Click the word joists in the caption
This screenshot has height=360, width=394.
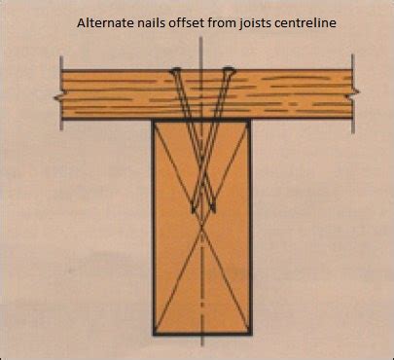tap(233, 23)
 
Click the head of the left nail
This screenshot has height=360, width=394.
tap(175, 70)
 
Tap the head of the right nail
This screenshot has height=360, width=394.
tap(229, 69)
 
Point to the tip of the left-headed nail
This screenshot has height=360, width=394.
tap(213, 212)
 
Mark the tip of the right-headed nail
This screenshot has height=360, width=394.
tap(193, 212)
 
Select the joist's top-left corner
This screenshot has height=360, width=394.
tap(153, 122)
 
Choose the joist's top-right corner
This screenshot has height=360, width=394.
tap(250, 122)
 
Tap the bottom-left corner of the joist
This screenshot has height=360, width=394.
tap(154, 334)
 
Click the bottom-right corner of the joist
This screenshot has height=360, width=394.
tap(251, 334)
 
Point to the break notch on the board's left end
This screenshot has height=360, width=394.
tap(57, 97)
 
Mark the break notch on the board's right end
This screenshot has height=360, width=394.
tap(354, 94)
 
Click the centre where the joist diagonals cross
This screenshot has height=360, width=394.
tap(202, 227)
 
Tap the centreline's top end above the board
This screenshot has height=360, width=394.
tap(201, 37)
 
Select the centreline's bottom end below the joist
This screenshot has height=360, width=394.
tap(202, 345)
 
